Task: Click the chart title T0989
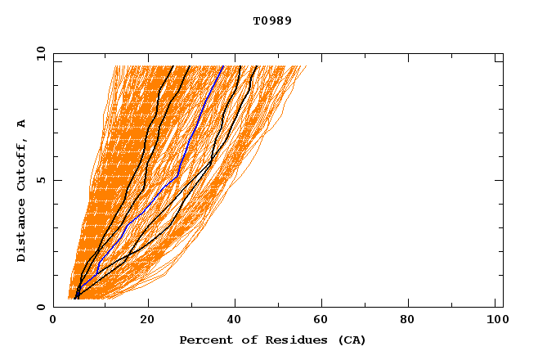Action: (272, 21)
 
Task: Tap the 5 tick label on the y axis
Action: (39, 181)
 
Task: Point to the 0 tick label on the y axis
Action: (39, 308)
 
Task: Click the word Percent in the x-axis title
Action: (203, 340)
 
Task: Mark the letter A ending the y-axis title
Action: (22, 124)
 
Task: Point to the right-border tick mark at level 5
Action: (499, 181)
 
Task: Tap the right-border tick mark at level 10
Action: (499, 54)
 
